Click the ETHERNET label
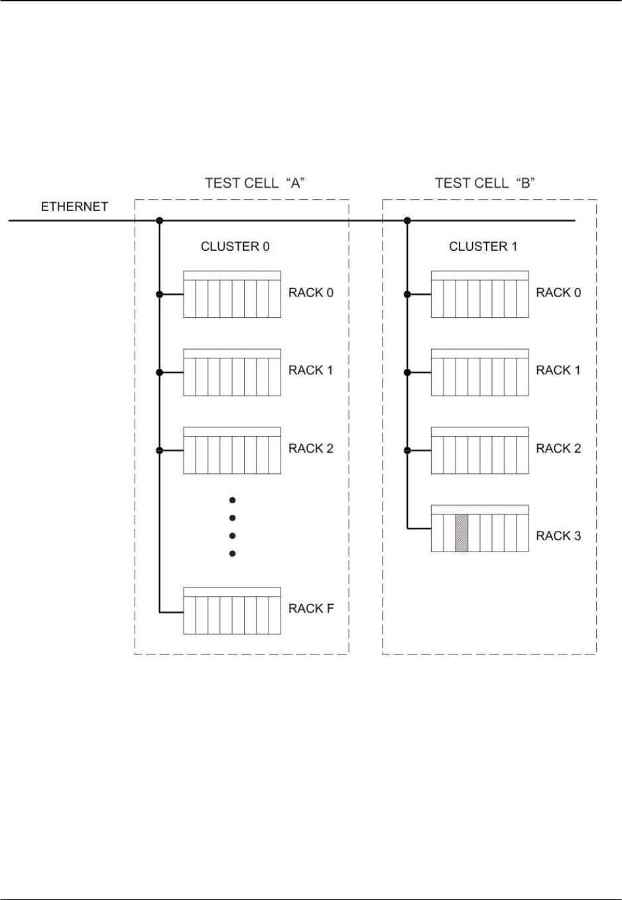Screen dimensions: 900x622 [74, 207]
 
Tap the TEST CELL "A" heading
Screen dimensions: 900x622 [255, 183]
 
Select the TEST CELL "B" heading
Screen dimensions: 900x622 [485, 183]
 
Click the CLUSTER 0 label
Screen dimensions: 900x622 [235, 246]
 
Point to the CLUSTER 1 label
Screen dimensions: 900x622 [483, 246]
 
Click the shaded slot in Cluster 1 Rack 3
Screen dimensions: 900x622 [462, 533]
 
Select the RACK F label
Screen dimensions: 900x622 [311, 608]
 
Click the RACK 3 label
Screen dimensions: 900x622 [558, 536]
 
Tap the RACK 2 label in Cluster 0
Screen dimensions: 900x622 [311, 449]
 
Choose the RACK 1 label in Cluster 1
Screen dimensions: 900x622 [558, 370]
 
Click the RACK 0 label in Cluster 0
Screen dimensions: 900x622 [311, 293]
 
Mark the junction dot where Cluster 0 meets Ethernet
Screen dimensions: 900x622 [159, 220]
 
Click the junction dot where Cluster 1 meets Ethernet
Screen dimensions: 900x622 [407, 220]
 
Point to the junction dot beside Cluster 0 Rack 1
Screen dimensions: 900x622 [159, 372]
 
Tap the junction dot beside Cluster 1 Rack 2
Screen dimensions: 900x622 [407, 451]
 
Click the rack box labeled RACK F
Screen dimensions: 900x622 [232, 611]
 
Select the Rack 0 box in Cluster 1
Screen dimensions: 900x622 [480, 294]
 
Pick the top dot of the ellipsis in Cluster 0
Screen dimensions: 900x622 [232, 500]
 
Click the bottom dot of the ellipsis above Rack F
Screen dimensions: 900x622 [232, 554]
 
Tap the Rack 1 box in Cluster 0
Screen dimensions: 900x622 [232, 372]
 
